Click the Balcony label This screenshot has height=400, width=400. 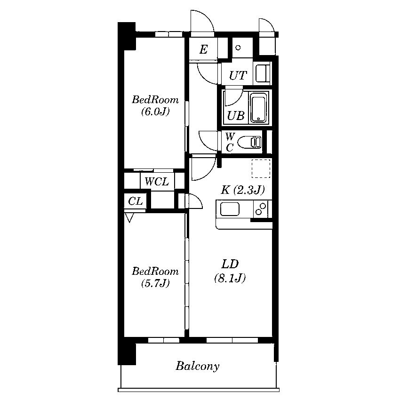198,366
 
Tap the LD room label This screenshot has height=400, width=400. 230,264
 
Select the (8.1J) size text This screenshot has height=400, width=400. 230,278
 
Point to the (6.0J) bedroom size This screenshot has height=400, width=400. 155,112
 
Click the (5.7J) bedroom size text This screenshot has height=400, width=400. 155,283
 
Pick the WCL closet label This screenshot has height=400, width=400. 157,182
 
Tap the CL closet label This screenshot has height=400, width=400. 135,201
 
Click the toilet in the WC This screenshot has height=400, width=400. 249,142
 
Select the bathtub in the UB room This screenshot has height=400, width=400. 259,107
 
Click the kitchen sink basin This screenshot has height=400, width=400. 230,209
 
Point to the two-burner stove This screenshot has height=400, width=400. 261,209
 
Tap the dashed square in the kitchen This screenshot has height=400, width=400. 261,168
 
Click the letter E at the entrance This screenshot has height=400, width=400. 203,49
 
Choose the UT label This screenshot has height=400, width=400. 238,75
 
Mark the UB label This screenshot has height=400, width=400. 236,116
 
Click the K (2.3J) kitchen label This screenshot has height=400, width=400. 243,190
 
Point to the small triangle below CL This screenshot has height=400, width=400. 129,218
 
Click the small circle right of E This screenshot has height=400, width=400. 238,48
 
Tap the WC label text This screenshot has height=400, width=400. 230,142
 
